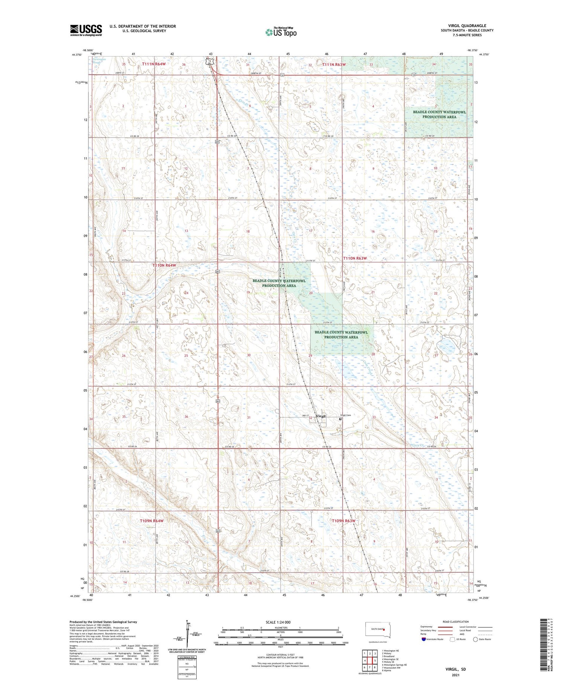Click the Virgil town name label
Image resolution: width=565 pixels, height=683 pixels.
point(321,416)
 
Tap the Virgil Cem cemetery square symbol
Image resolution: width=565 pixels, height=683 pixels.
point(341,419)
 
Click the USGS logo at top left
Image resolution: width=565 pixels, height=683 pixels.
point(86,30)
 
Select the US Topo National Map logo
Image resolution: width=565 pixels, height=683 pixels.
point(281,32)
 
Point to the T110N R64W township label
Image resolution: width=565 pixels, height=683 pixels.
point(164,265)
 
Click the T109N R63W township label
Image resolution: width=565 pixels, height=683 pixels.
point(344,521)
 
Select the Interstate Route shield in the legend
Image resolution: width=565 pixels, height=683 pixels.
point(424,639)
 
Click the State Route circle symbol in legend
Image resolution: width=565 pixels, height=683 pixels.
point(475,639)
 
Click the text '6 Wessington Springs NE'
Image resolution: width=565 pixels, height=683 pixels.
point(394,665)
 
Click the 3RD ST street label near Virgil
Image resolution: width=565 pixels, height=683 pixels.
point(305,416)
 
